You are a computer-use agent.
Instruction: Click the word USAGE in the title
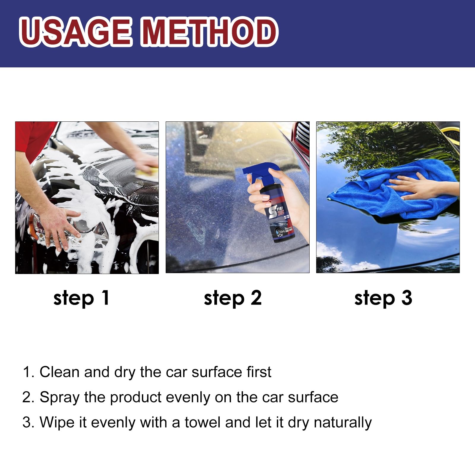[76, 32]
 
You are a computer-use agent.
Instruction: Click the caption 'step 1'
[81, 298]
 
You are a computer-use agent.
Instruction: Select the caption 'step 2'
[232, 298]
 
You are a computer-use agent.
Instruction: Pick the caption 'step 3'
[383, 298]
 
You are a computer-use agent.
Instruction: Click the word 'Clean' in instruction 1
[59, 372]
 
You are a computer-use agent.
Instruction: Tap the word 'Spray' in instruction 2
[59, 398]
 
